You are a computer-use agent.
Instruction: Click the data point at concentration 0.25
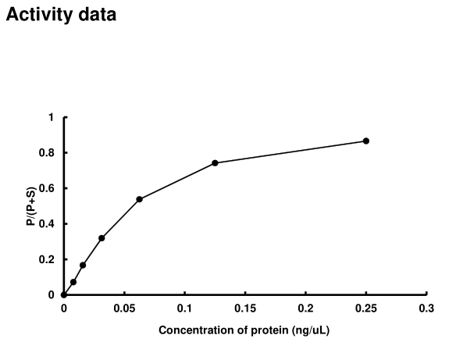[x=366, y=141]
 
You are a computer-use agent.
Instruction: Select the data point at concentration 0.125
[x=215, y=162]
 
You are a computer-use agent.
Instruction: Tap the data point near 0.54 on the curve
[x=139, y=199]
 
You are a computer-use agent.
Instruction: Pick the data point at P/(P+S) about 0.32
[x=102, y=237]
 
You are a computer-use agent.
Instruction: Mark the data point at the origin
[x=64, y=294]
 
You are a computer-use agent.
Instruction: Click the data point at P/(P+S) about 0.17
[x=83, y=265]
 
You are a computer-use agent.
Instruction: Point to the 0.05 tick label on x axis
[x=124, y=308]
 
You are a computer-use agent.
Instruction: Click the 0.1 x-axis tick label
[x=185, y=308]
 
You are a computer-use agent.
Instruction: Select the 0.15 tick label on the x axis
[x=245, y=308]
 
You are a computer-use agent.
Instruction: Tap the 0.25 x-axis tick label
[x=366, y=308]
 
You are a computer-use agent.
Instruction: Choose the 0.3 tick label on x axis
[x=426, y=308]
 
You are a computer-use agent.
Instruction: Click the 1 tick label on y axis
[x=52, y=117]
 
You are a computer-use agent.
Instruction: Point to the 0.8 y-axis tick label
[x=48, y=153]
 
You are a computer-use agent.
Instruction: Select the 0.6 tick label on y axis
[x=48, y=188]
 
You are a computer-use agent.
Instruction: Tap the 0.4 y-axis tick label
[x=48, y=224]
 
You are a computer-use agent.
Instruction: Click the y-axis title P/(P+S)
[x=30, y=206]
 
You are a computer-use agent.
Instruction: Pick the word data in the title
[x=96, y=15]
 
